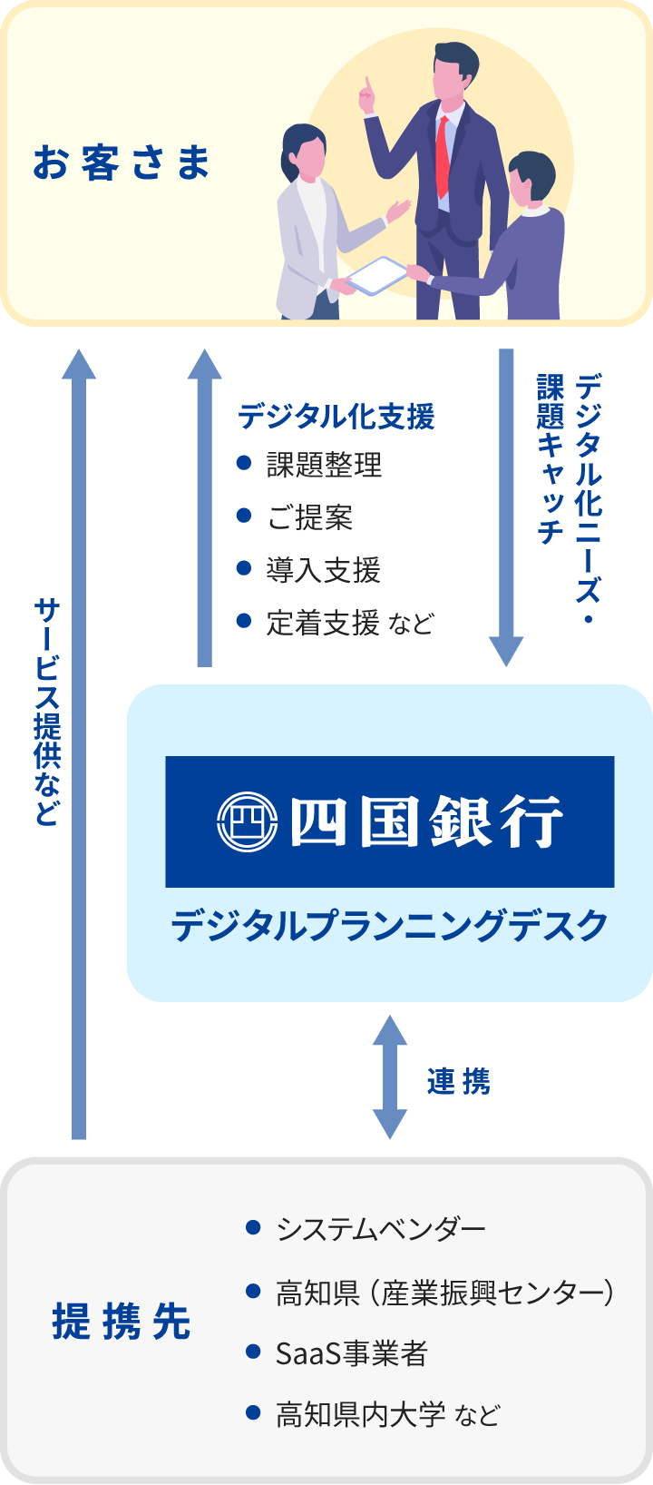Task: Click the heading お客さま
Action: tap(122, 163)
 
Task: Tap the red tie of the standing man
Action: tap(442, 154)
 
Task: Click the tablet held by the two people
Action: tap(376, 275)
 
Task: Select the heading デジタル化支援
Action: tap(336, 417)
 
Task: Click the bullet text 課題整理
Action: tap(324, 466)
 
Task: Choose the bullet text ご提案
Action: tap(309, 517)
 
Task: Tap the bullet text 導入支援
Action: tap(323, 570)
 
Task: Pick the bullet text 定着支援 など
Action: tap(350, 623)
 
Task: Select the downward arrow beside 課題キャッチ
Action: tap(506, 508)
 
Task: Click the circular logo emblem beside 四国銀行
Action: tap(247, 821)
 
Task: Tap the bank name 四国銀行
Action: tap(426, 821)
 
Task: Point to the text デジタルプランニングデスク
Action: tap(389, 926)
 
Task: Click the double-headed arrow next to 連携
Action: tap(390, 1077)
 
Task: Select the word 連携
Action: tap(458, 1081)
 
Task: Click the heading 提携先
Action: tap(122, 1322)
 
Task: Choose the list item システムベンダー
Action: tap(381, 1229)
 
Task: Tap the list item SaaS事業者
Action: tap(351, 1353)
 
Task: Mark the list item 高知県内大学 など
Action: tap(387, 1414)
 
